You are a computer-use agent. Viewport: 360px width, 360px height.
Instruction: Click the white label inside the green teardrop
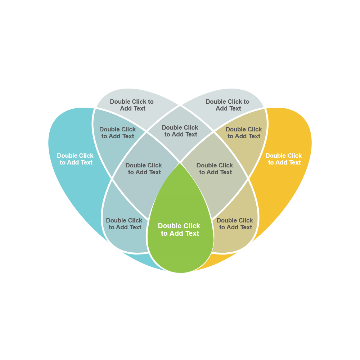point(179,230)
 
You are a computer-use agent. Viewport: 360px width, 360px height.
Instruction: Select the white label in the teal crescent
point(75,159)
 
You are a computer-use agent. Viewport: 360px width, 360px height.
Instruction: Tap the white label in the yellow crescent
point(284,159)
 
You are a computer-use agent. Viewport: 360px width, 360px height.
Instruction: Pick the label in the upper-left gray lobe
point(132,105)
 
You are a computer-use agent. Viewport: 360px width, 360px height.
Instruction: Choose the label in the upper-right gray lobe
point(228,105)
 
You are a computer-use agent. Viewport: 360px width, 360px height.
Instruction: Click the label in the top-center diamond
point(180,131)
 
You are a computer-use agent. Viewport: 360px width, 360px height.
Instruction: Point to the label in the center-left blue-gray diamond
point(144,169)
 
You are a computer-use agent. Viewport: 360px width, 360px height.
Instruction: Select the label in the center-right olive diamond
point(215,169)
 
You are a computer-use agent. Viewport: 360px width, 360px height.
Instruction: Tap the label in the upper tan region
point(244,133)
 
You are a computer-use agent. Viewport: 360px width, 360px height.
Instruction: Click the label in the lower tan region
point(235,224)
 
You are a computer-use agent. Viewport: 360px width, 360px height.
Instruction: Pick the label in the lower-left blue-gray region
point(124,224)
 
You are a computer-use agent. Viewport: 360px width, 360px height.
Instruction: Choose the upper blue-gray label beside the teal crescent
point(118,133)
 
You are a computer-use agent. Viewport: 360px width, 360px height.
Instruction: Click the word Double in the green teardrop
point(168,226)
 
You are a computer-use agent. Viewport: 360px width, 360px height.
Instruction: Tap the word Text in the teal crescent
point(86,163)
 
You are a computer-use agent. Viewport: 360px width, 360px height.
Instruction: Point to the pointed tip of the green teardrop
point(180,163)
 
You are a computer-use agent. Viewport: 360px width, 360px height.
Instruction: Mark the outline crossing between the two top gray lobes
point(180,105)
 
